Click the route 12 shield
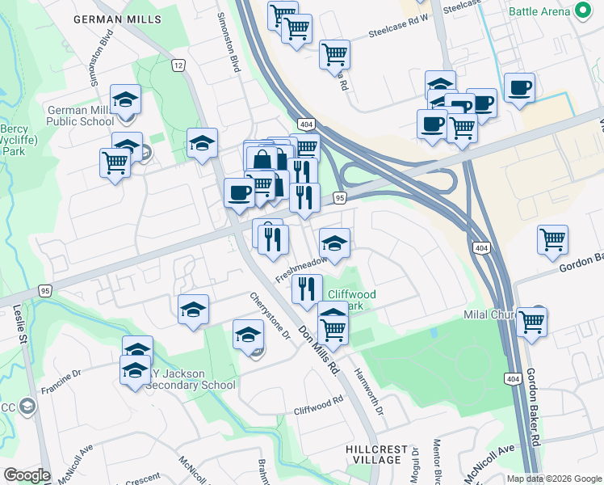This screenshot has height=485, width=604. [178, 64]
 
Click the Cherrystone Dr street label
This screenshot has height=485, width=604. [269, 315]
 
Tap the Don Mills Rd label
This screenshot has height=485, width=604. [318, 349]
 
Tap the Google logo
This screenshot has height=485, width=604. [27, 475]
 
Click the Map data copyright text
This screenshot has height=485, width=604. [554, 479]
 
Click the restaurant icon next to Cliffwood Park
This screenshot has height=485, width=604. [306, 289]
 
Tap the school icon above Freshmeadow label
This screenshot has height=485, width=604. [334, 242]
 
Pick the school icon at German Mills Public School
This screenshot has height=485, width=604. [125, 99]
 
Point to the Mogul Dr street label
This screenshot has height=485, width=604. [415, 464]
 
